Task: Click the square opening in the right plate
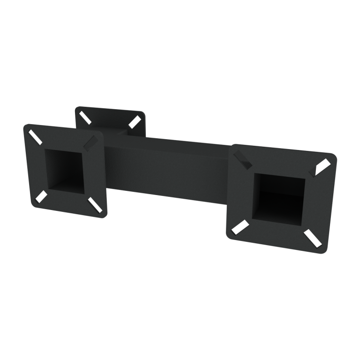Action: [280, 197]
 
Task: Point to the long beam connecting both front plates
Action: [169, 166]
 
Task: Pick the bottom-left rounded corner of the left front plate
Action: [33, 202]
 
